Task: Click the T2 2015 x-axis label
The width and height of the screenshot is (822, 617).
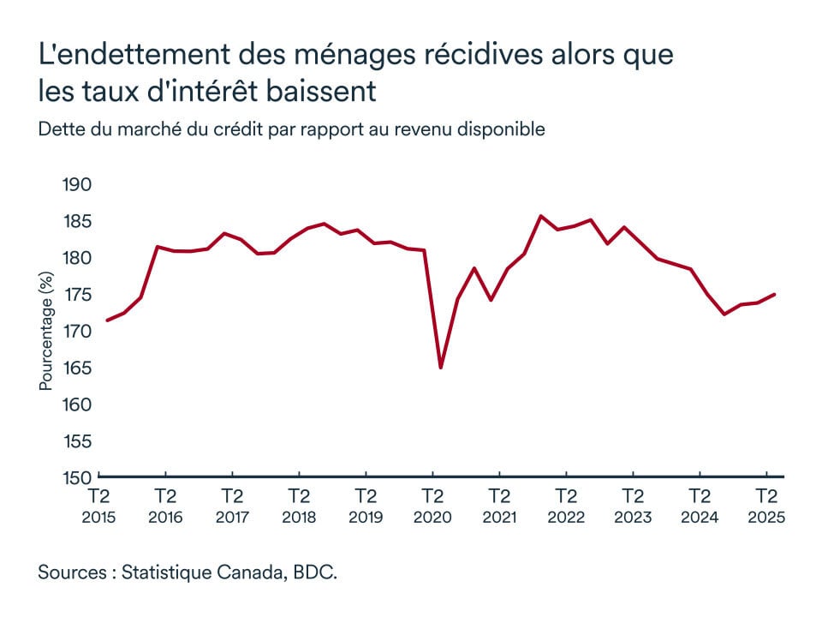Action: click(x=98, y=506)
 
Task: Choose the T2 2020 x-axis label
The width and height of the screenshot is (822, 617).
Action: click(x=432, y=506)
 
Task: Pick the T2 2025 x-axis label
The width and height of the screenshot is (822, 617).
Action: click(x=765, y=506)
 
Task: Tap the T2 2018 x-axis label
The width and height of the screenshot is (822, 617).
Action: click(x=299, y=506)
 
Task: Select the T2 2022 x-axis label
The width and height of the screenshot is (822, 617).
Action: click(x=566, y=506)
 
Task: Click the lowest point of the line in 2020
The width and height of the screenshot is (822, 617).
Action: click(x=440, y=368)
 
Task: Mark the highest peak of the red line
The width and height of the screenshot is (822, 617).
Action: click(x=540, y=216)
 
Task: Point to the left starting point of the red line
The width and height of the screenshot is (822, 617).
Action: click(x=107, y=320)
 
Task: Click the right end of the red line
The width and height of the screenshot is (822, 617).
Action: click(x=775, y=295)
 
